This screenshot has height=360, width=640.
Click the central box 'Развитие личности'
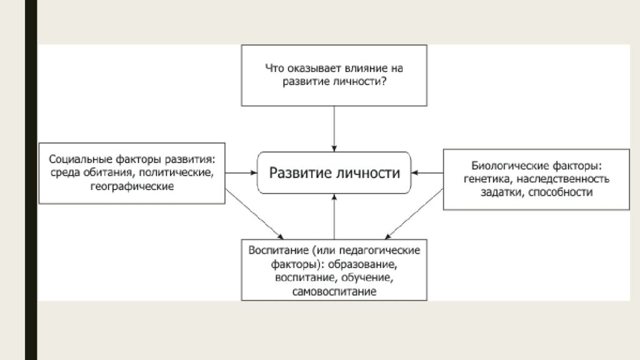pos(334,172)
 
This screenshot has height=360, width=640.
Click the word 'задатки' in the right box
pos(504,192)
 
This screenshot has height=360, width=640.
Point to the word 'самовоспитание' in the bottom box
pos(334,291)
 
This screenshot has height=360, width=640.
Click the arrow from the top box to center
pos(334,128)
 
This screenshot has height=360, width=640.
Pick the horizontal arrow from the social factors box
pos(241,172)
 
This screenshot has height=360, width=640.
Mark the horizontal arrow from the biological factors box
pos(427,172)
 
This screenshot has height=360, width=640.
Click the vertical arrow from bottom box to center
pos(334,216)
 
